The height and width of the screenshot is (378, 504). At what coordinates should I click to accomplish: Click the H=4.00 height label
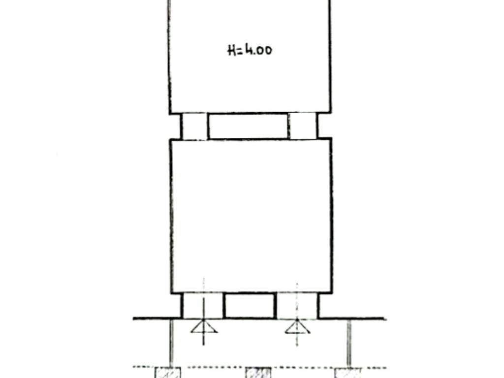click(250, 50)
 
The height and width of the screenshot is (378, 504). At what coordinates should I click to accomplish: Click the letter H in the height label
click(231, 51)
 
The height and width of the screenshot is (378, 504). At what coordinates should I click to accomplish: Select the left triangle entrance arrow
click(204, 327)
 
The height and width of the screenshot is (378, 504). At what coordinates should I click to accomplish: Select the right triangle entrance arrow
click(297, 327)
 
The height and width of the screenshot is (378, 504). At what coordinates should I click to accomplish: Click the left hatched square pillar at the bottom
click(168, 373)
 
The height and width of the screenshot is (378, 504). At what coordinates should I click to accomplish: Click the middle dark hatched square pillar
click(258, 373)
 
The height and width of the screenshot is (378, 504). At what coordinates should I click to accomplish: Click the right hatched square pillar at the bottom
click(347, 373)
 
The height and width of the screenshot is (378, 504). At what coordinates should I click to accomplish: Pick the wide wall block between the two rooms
click(248, 126)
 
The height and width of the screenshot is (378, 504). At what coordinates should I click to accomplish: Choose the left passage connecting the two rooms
click(194, 126)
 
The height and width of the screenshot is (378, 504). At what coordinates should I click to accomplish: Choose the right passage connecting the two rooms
click(303, 126)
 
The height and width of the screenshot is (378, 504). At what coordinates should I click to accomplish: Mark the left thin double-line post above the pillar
click(171, 343)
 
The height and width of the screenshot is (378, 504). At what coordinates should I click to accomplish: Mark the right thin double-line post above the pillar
click(349, 343)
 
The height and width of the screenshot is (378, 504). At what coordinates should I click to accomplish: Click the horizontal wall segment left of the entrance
click(157, 318)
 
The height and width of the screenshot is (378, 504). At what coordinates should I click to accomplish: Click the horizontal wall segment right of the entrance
click(352, 318)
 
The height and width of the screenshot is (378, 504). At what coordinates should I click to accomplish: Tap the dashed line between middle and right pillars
click(303, 367)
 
